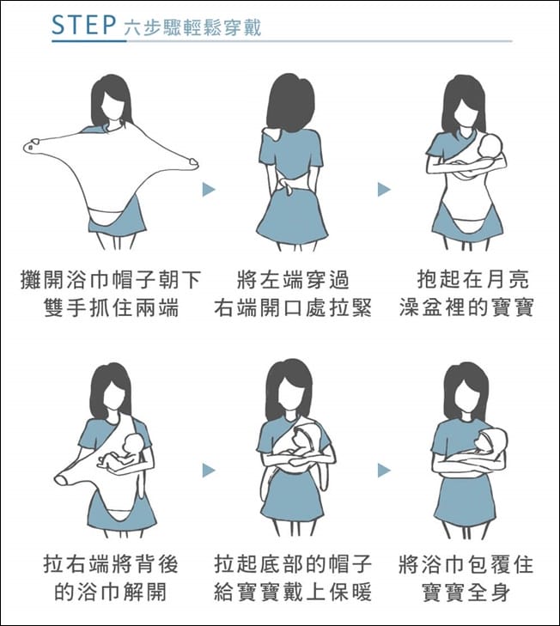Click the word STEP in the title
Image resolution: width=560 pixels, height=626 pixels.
coord(84,25)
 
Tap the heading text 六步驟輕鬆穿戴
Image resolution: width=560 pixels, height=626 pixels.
coord(192,27)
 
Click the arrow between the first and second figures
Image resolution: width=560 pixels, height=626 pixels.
coord(209,190)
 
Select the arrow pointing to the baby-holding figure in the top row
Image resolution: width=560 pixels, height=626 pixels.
coord(384,190)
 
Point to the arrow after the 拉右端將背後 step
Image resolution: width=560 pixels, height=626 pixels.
coord(209,471)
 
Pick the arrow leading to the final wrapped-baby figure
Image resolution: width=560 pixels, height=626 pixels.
coord(384,471)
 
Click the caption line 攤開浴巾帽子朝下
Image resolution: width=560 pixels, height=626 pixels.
coord(111,280)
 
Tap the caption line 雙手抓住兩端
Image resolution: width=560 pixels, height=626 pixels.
coord(111,307)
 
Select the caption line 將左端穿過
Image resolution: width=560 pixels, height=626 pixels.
coord(293,280)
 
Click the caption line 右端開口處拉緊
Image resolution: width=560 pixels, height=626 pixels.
coord(293,307)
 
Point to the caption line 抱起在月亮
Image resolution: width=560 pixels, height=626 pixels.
coord(473,279)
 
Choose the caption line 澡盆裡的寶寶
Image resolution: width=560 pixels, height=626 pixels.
coord(466,307)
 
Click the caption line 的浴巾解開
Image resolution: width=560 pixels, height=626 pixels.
coord(111,592)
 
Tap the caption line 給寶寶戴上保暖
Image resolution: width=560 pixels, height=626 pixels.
coord(293,592)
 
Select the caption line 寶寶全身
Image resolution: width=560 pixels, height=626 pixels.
coord(466,592)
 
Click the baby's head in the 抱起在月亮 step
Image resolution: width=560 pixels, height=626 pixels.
coord(491,147)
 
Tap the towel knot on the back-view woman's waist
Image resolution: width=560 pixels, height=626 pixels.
coord(286,185)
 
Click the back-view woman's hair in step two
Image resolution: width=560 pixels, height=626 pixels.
coord(290,104)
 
